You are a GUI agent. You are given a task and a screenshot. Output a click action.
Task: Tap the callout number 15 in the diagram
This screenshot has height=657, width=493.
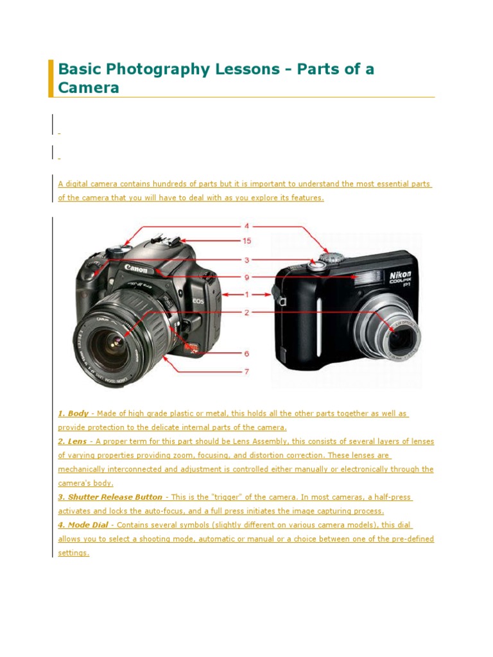[246, 241]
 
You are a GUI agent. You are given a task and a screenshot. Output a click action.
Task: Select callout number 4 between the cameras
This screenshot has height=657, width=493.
[246, 226]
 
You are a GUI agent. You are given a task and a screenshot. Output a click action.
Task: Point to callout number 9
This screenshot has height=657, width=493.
[246, 277]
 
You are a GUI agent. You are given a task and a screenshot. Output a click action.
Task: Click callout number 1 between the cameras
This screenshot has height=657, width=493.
[246, 294]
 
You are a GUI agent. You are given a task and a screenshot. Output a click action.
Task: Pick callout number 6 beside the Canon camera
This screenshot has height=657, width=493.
[246, 354]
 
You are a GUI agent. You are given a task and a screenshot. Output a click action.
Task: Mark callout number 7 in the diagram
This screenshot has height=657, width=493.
[246, 371]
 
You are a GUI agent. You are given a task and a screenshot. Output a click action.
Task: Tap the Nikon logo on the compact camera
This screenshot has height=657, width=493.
[400, 276]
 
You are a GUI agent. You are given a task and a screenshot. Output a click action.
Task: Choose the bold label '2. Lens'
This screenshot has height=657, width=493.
[73, 441]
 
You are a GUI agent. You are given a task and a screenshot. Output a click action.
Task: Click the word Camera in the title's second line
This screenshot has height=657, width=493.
[89, 88]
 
